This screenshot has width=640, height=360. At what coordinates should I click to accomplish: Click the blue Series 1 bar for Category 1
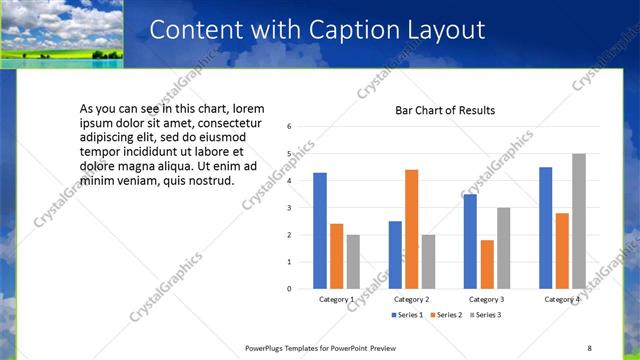tap(320, 231)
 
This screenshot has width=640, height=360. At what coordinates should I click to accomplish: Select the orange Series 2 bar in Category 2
tap(412, 229)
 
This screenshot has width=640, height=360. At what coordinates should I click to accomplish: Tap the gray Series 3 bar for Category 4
tap(579, 221)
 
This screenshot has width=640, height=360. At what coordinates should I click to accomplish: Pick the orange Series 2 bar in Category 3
tap(487, 264)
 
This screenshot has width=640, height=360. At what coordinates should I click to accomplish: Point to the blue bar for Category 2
tap(395, 255)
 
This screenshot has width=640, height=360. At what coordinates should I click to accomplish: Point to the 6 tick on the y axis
tap(288, 127)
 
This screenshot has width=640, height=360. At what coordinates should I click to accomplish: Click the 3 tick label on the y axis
tap(288, 208)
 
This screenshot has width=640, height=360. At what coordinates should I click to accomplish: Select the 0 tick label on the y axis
tap(288, 289)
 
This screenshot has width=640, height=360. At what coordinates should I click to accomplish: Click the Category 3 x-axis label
tap(487, 300)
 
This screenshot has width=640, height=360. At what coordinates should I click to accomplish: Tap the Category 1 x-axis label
tap(337, 300)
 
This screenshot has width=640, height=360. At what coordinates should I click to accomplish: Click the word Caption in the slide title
tap(361, 31)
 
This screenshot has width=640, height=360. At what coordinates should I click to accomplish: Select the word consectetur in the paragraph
tap(199, 121)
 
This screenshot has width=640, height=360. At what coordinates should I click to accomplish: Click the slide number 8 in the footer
tap(589, 347)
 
